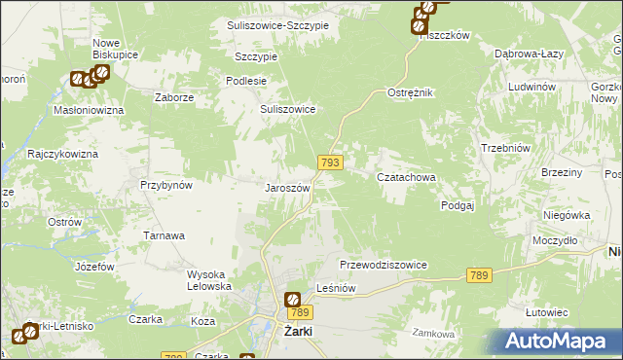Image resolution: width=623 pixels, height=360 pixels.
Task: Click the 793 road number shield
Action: tap(329, 162)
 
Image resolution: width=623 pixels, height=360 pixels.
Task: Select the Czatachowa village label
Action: tap(406, 178)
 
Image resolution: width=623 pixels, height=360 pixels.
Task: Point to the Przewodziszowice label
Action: tap(384, 265)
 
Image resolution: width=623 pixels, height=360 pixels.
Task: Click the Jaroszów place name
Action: tap(288, 188)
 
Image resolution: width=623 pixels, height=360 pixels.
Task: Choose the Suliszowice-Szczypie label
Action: tap(277, 25)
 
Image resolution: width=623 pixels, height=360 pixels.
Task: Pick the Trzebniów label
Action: tap(504, 147)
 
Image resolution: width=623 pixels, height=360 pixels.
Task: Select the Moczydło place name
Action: tap(556, 239)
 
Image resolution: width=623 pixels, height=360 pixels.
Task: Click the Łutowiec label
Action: tap(546, 312)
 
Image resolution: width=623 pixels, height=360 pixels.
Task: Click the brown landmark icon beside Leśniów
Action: tap(292, 299)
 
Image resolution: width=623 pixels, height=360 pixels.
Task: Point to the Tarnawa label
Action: tap(165, 235)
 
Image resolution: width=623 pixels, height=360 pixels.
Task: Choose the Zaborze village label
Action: tap(176, 98)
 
